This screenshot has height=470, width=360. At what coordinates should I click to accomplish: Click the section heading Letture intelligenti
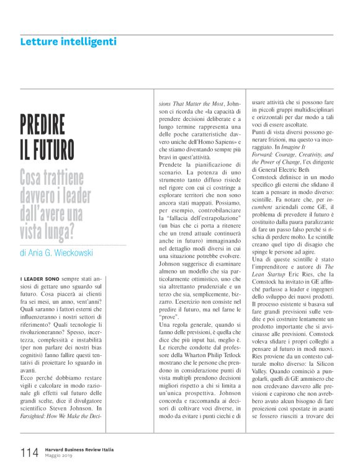click(x=68, y=42)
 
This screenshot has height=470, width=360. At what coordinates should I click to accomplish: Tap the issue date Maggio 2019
click(x=61, y=456)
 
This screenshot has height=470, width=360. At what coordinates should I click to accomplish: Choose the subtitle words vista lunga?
click(x=56, y=231)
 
